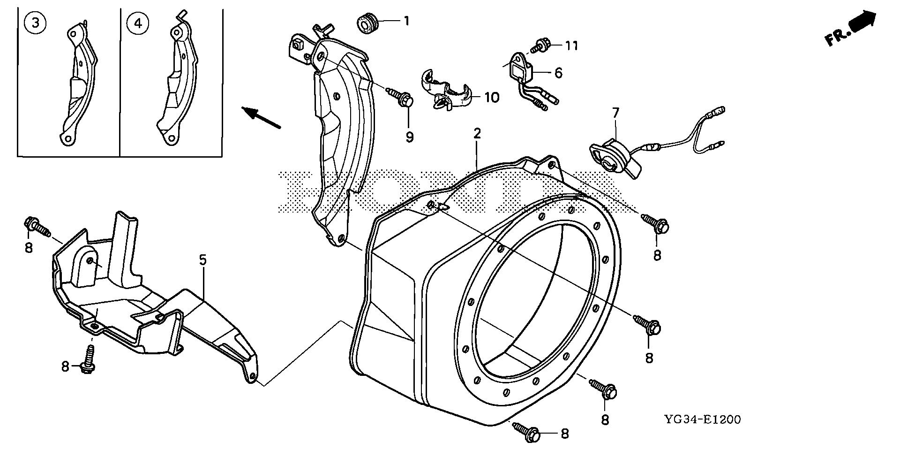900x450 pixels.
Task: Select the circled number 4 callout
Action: pos(138,23)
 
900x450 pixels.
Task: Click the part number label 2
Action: pos(477,134)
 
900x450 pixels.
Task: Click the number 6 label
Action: pos(558,73)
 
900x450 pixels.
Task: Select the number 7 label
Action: pos(615,113)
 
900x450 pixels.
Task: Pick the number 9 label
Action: pos(409,137)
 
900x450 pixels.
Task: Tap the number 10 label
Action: pos(492,98)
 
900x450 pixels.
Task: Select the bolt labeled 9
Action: pos(402,98)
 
